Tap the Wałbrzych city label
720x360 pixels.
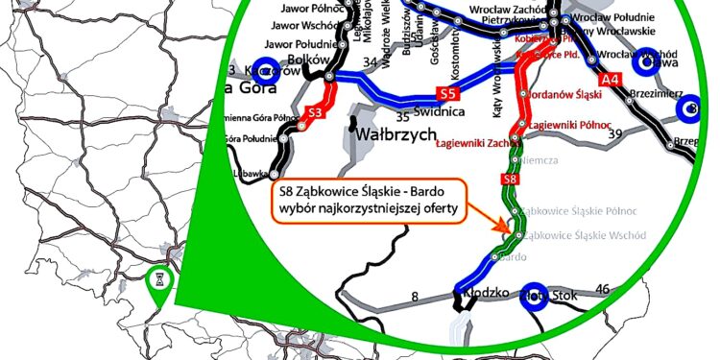click(394, 135)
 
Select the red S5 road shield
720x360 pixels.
click(446, 94)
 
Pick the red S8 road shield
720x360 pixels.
click(512, 180)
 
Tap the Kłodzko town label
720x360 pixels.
click(485, 289)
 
